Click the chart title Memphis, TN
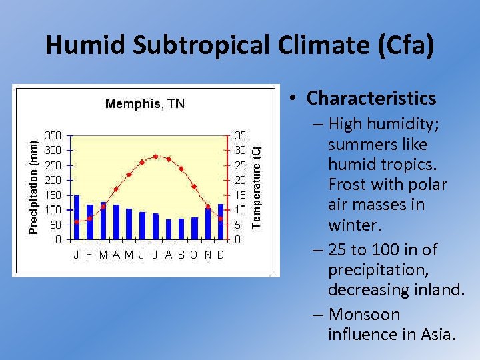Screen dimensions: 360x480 145,103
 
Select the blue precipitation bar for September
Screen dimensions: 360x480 181,229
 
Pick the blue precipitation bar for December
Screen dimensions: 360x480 221,222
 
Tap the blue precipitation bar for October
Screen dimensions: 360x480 195,228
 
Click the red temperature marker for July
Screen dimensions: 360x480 155,157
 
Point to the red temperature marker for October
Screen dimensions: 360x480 195,187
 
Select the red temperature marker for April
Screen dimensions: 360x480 116,189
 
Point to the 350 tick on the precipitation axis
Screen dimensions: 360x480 53,135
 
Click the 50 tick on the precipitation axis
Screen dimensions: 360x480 56,225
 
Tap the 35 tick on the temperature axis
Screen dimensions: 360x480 239,135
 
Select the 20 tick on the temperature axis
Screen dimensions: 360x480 239,180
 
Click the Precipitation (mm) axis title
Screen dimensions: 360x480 33,185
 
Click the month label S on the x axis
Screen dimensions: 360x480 181,255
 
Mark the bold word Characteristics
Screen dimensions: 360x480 371,99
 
